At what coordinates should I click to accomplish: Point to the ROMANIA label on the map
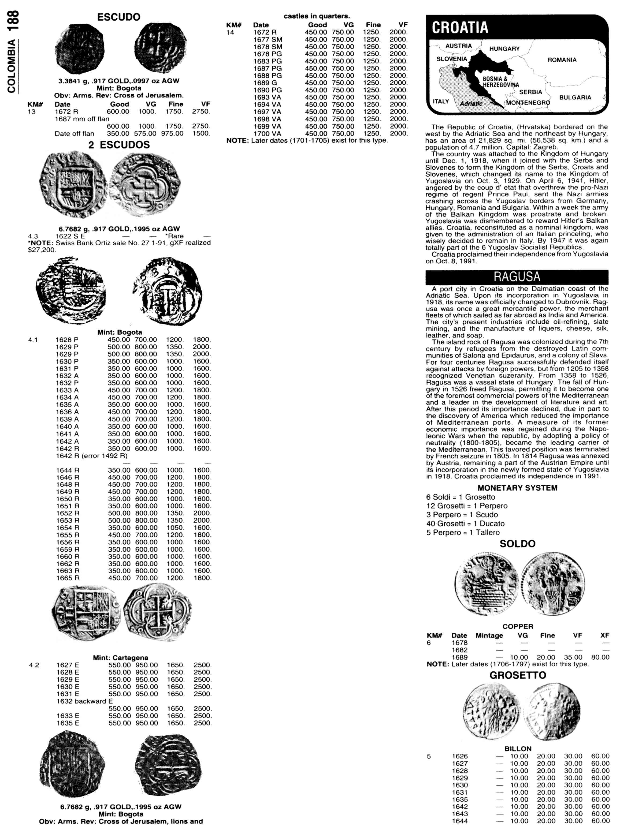(x=562, y=60)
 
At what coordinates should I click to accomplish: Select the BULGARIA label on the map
(x=575, y=98)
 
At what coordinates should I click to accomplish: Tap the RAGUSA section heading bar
(x=517, y=277)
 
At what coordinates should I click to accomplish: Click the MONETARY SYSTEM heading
(x=517, y=488)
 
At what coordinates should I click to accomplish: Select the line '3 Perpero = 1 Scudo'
(x=462, y=514)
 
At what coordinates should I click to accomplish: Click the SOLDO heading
(x=517, y=544)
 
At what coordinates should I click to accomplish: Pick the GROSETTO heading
(x=517, y=675)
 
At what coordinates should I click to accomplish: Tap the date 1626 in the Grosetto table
(x=460, y=756)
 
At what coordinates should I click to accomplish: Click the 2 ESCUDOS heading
(x=119, y=145)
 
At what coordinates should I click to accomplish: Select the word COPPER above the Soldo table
(x=518, y=627)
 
